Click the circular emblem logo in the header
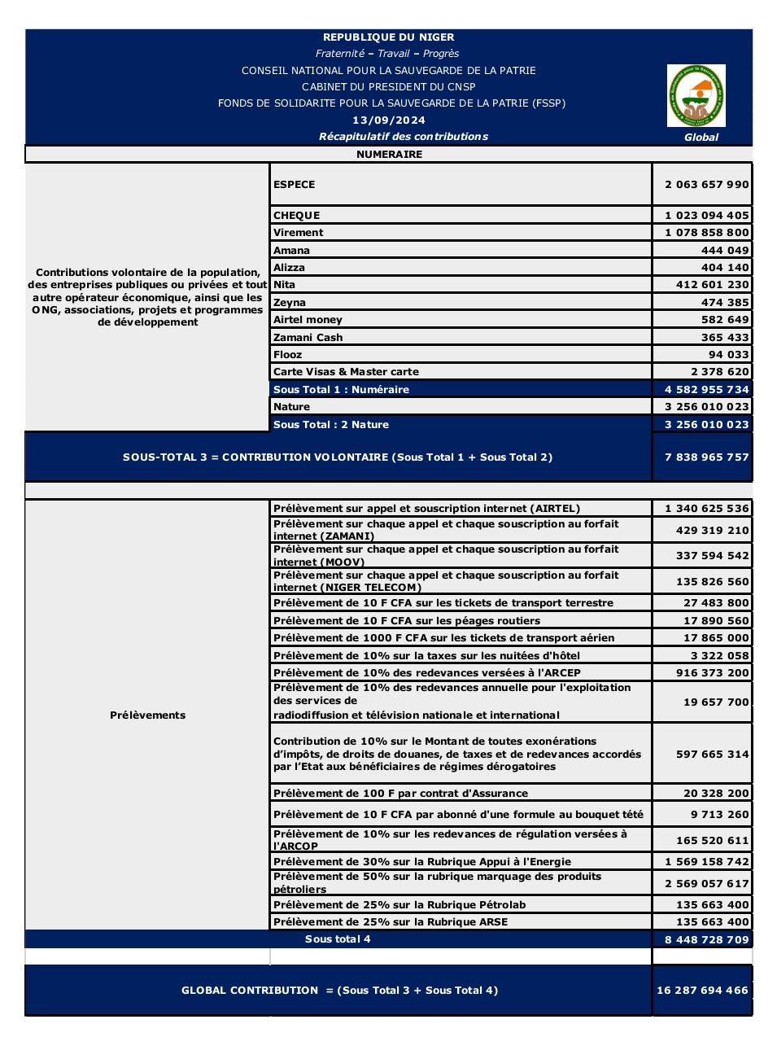pyautogui.click(x=696, y=96)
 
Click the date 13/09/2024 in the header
pyautogui.click(x=389, y=120)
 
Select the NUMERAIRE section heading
pyautogui.click(x=389, y=155)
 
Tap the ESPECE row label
pyautogui.click(x=295, y=185)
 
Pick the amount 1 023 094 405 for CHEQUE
pyautogui.click(x=706, y=216)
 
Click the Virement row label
pyautogui.click(x=299, y=233)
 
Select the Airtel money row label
pyautogui.click(x=308, y=320)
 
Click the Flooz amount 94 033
pyautogui.click(x=728, y=355)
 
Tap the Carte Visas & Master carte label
pyautogui.click(x=346, y=372)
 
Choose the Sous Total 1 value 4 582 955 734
pyautogui.click(x=706, y=390)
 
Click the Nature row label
pyautogui.click(x=291, y=407)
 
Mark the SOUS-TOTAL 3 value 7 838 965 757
pyautogui.click(x=706, y=457)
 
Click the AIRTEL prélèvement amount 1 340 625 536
pyautogui.click(x=706, y=509)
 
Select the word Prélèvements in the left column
pyautogui.click(x=147, y=715)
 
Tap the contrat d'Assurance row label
pyautogui.click(x=400, y=794)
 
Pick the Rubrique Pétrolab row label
pyautogui.click(x=399, y=905)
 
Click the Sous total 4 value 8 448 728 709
pyautogui.click(x=706, y=940)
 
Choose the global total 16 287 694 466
pyautogui.click(x=702, y=991)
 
